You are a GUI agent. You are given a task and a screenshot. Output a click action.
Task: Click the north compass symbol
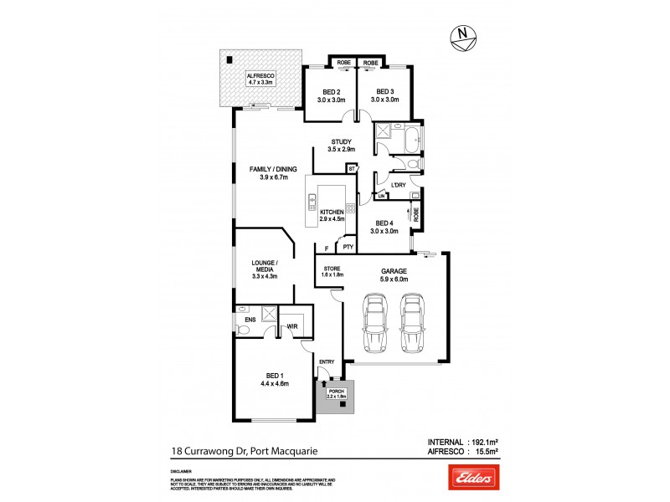(462, 35)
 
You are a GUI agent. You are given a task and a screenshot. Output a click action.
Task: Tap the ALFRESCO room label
(260, 79)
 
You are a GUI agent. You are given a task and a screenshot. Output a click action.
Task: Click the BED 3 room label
(384, 96)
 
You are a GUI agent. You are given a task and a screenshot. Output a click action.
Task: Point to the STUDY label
(341, 146)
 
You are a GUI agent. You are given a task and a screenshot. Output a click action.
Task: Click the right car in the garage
(411, 325)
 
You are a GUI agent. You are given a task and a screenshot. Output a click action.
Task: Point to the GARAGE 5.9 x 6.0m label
(394, 275)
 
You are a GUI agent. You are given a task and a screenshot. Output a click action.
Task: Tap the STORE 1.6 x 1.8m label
(332, 272)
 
